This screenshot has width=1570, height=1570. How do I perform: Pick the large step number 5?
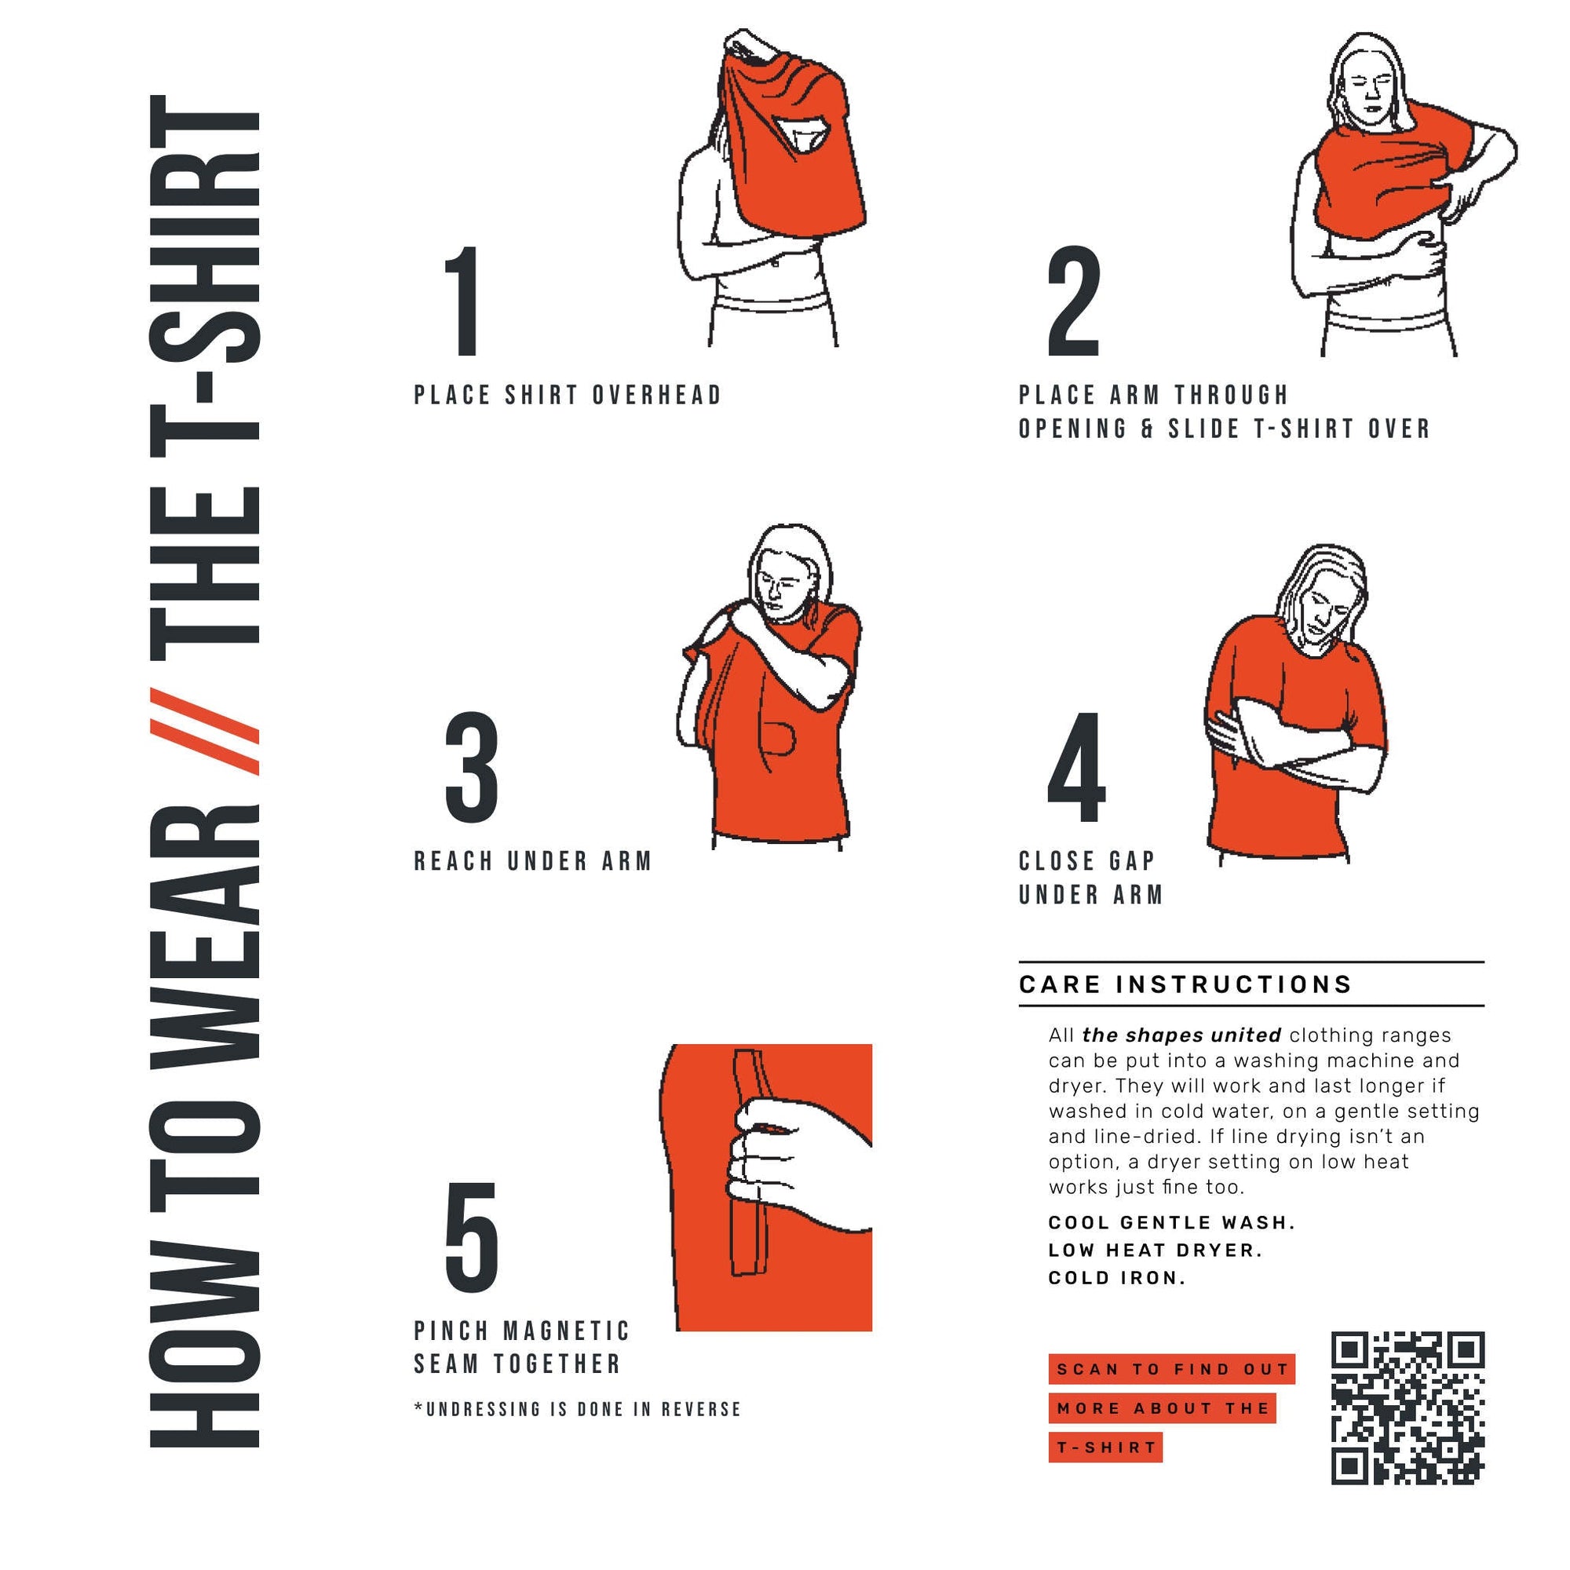(471, 1237)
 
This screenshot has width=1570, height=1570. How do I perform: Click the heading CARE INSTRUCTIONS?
(1185, 984)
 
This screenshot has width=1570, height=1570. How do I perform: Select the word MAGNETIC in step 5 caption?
(567, 1331)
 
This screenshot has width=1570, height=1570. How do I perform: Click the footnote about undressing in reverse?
(577, 1409)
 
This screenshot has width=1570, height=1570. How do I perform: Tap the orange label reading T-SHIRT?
(1105, 1448)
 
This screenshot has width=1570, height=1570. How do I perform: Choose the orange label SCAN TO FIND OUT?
(1171, 1369)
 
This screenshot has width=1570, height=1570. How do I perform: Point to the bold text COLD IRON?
(1116, 1277)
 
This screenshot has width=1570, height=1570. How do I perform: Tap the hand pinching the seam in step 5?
(780, 1154)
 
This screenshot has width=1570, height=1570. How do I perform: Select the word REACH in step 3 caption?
(454, 861)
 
